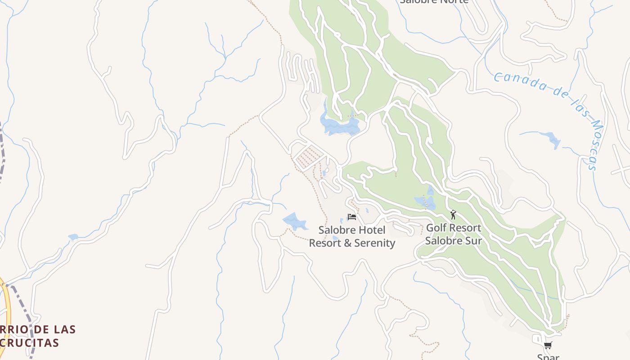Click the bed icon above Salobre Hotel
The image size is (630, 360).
[352, 217]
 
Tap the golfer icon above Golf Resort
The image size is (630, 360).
[453, 215]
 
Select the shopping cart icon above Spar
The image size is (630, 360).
[548, 346]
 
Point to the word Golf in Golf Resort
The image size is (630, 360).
[436, 228]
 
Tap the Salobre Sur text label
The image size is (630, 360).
[453, 241]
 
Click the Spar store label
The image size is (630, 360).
[548, 357]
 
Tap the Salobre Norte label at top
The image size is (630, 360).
[434, 1]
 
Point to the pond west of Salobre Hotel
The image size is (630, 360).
[294, 221]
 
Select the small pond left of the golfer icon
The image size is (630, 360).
[426, 201]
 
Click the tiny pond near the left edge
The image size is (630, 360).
[73, 237]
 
